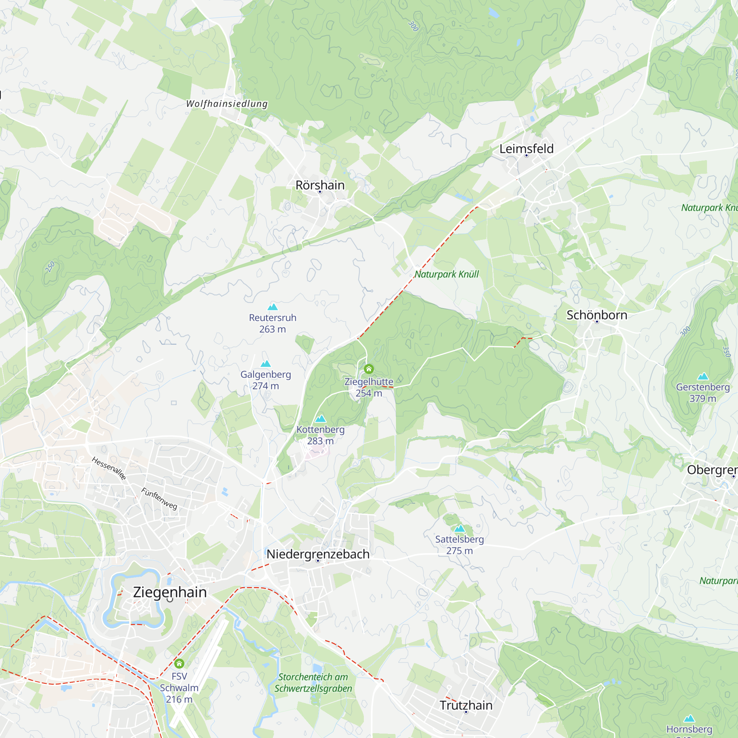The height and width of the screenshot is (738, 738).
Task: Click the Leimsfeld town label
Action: coord(527,149)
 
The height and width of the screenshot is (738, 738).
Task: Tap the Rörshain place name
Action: coord(320,185)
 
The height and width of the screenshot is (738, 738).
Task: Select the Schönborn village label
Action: coord(597,315)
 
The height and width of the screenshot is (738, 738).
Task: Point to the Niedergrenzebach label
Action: coord(318,554)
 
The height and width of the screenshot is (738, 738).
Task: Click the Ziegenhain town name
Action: coord(170,592)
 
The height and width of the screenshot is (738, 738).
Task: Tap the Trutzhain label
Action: coord(466,705)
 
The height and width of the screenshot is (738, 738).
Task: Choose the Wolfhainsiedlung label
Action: coord(227,104)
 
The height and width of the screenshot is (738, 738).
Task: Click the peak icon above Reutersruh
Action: coord(273,307)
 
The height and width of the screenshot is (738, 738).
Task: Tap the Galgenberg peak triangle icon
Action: coord(266,364)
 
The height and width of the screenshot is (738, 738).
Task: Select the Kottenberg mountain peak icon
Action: coord(321,419)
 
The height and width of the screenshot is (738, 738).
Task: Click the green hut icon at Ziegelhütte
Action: coord(369,369)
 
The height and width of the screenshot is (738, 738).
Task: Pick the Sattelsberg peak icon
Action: coord(459,529)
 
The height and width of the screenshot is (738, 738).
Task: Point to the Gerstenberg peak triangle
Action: coord(703,376)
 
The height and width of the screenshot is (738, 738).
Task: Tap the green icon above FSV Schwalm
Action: coord(179,663)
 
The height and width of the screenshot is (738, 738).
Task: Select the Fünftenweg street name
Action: coord(159,499)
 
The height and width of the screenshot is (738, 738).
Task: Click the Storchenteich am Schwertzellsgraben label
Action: coord(313,683)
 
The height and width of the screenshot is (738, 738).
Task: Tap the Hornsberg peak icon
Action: coord(689,718)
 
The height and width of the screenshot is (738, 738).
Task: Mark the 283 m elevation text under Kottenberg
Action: coord(321,441)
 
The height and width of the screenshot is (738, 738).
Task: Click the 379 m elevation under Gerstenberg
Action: coord(703,399)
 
